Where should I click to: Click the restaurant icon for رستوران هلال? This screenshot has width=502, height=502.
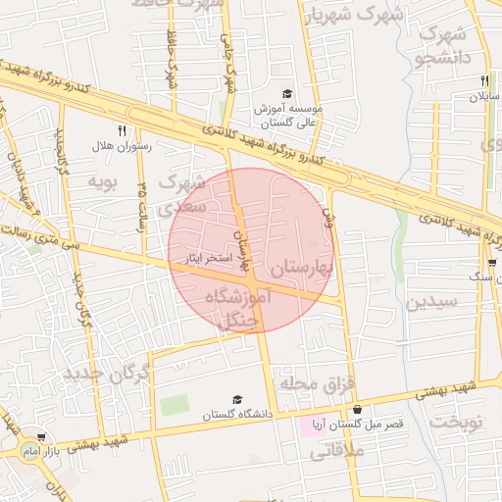tap(122, 129)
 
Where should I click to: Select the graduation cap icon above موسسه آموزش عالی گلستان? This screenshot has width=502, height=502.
tap(287, 94)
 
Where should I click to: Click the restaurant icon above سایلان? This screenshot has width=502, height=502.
tap(484, 81)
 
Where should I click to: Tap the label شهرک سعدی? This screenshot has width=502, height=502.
tap(181, 193)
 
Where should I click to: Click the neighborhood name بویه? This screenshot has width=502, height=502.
tap(103, 181)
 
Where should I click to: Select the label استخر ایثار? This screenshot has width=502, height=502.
tap(208, 259)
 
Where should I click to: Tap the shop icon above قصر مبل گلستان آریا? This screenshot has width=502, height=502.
tap(357, 409)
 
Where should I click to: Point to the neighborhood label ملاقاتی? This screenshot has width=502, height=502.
tap(336, 452)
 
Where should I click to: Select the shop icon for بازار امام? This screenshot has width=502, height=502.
tap(41, 437)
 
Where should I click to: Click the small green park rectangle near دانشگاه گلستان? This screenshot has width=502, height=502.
tap(175, 404)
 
